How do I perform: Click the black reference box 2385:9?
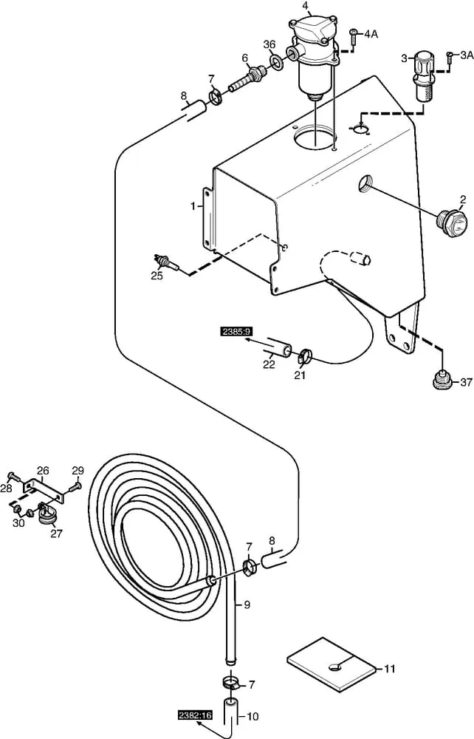234,332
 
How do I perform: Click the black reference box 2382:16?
195,715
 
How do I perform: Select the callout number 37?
466,382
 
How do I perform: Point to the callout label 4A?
371,34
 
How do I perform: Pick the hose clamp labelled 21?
304,356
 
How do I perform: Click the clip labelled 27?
46,514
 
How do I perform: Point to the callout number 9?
247,605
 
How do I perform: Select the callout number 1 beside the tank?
193,206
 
